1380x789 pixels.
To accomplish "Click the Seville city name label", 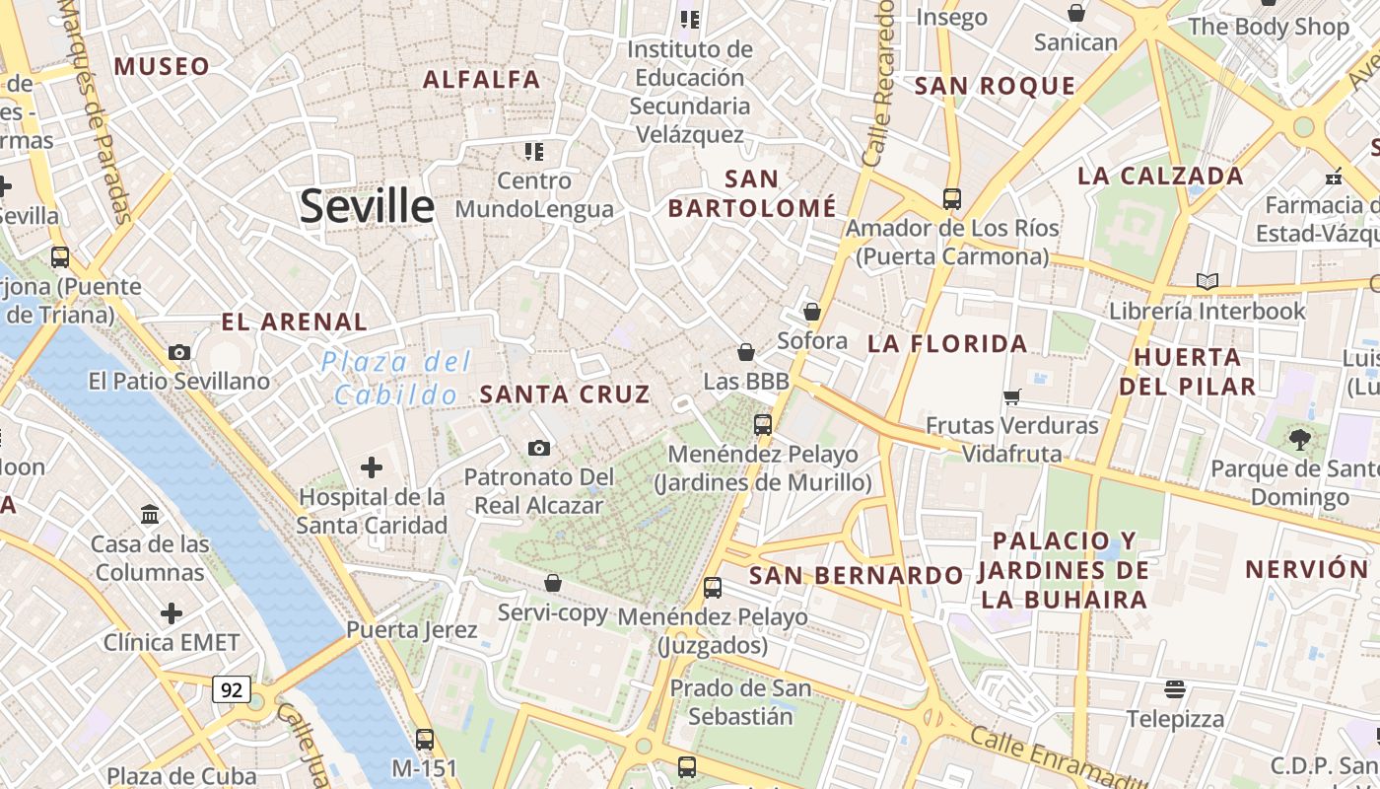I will [x=367, y=206].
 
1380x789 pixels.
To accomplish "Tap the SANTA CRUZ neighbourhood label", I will [x=565, y=394].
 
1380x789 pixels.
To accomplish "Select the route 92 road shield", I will [x=231, y=689].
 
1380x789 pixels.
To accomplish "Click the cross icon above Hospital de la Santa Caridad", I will [x=372, y=466].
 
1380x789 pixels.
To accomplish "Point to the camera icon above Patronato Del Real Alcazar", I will [x=538, y=448].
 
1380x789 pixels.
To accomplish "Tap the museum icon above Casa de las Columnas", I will [x=151, y=514].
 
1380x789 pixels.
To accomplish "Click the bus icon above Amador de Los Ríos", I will [x=951, y=198].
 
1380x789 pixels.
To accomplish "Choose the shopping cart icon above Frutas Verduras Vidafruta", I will [x=1011, y=396].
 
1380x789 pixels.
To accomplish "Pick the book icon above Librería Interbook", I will [x=1207, y=281].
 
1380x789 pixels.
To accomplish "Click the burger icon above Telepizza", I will [x=1174, y=687].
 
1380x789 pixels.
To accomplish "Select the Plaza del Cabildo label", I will [x=395, y=379].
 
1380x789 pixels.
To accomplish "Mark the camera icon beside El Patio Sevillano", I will [x=179, y=352].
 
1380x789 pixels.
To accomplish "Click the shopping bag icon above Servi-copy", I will [x=553, y=583].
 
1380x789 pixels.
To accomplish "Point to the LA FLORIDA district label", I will [x=947, y=344].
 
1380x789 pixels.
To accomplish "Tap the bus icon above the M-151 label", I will [x=425, y=738].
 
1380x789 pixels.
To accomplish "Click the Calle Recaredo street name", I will [x=877, y=84].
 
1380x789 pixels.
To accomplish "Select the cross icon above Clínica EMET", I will [x=172, y=613].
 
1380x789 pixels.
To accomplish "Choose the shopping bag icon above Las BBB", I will [x=746, y=352].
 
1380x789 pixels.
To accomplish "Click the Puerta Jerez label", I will [x=412, y=630].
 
